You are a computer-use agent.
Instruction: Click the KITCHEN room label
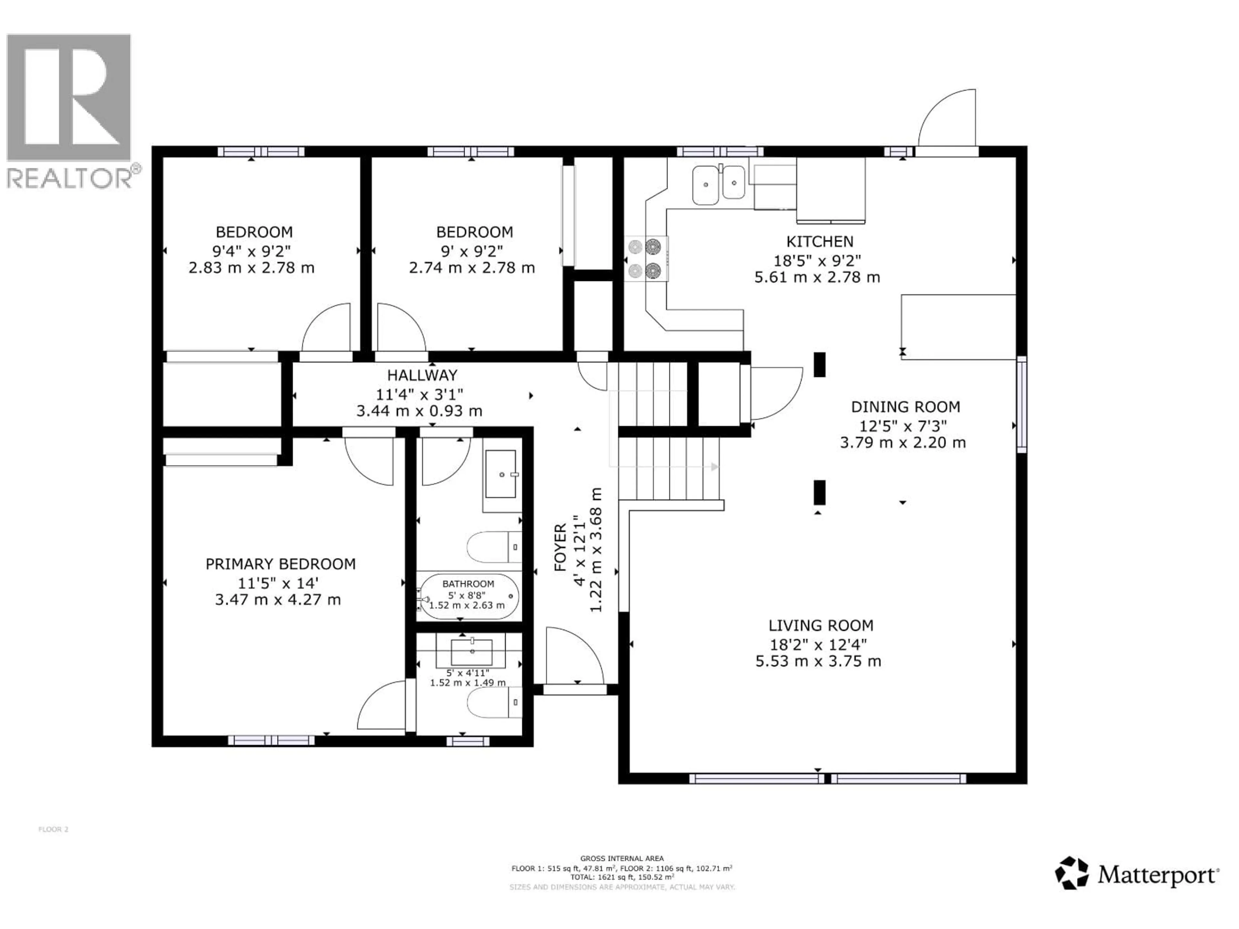click(820, 242)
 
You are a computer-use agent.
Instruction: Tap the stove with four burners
click(646, 259)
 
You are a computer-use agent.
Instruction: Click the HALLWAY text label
click(422, 375)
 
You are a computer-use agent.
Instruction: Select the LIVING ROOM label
click(820, 625)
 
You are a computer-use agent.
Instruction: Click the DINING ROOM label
click(905, 407)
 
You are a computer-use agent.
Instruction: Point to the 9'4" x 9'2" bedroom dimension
click(251, 250)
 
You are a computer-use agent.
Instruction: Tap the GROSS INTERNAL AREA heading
click(622, 858)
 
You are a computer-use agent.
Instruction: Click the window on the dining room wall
click(1022, 404)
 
